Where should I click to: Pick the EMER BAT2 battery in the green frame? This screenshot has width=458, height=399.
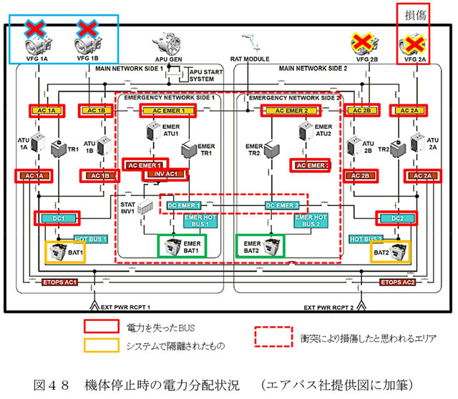[260, 246]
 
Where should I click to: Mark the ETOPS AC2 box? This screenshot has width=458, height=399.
[398, 283]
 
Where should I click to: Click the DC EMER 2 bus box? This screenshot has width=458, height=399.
[281, 205]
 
